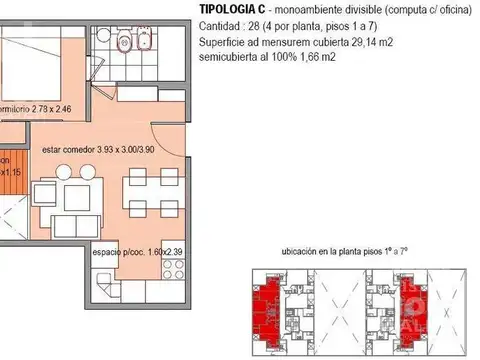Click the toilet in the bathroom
(x=121, y=42)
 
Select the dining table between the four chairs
(x=138, y=194)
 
